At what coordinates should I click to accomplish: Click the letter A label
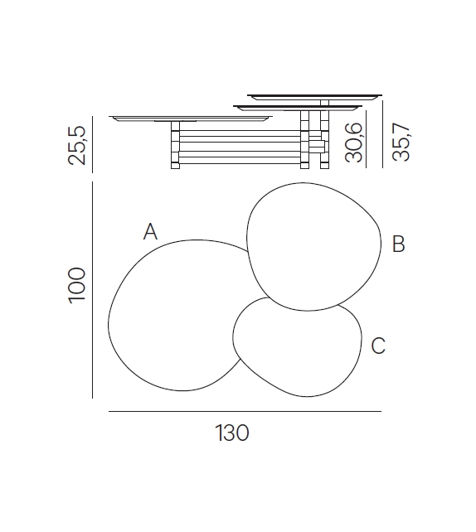150,231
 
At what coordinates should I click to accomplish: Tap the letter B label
399,244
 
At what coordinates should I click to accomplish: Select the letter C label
378,346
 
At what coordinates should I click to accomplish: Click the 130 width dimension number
232,433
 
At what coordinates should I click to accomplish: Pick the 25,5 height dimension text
77,146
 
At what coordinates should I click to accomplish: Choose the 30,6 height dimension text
354,143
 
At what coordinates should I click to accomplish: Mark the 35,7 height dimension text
401,142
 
